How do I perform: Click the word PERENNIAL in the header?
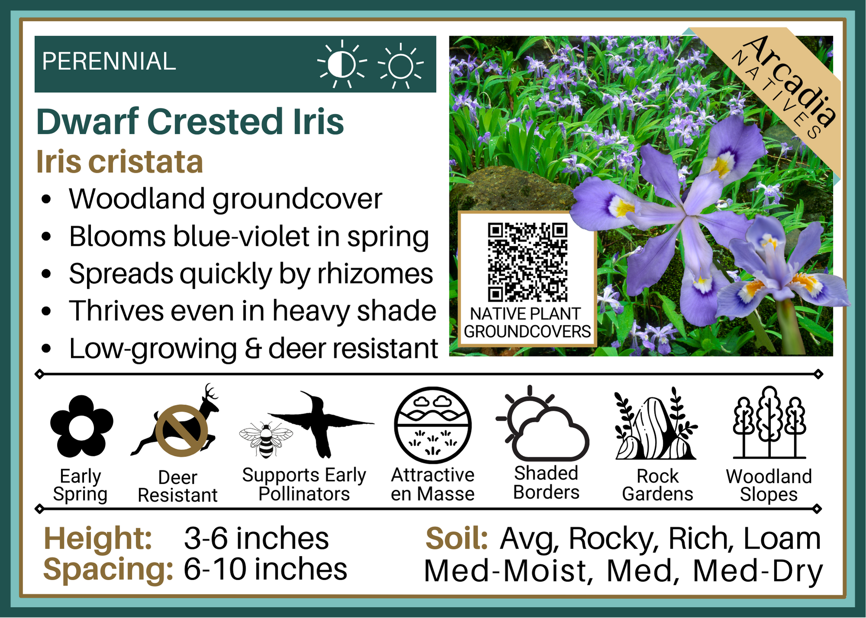(109, 61)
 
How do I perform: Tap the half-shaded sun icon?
(342, 64)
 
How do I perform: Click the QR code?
(527, 262)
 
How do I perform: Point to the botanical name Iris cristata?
(120, 162)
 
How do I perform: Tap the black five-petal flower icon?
(81, 426)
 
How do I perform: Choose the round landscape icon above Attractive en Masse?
(433, 425)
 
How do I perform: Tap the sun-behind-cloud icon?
(543, 423)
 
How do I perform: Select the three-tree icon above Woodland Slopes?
(769, 422)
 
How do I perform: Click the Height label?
(98, 539)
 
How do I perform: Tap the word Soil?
(457, 539)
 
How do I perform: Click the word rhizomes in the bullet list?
(375, 274)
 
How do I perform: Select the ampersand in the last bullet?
(252, 349)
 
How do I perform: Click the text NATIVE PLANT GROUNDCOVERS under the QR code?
(527, 322)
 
